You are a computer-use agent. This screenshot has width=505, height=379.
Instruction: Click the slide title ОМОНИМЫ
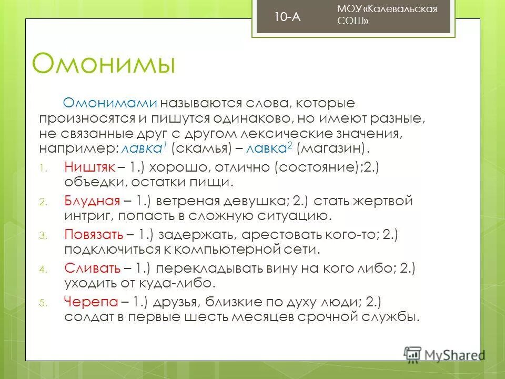103,64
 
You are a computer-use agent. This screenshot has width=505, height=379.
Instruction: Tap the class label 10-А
287,17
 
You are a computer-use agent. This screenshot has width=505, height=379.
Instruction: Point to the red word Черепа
90,301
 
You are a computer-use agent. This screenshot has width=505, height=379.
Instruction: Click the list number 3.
44,235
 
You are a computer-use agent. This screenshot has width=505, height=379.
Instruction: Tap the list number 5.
44,303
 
